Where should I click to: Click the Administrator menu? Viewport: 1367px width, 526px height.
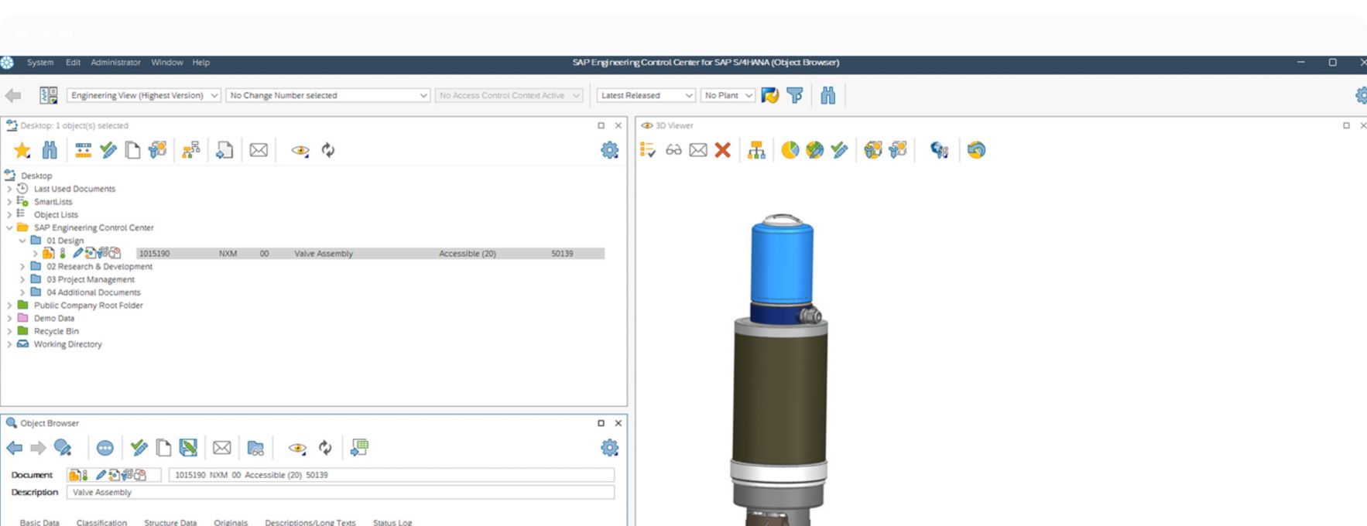pyautogui.click(x=115, y=63)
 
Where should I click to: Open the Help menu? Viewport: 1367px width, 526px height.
pyautogui.click(x=201, y=63)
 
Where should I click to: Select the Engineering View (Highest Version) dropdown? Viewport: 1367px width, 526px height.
pyautogui.click(x=143, y=95)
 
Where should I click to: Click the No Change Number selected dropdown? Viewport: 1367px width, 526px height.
pyautogui.click(x=327, y=95)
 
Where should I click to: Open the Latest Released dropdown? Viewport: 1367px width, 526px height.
pyautogui.click(x=646, y=95)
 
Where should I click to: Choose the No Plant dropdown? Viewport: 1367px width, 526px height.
pyautogui.click(x=728, y=95)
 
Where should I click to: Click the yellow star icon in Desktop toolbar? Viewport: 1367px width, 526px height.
pyautogui.click(x=22, y=150)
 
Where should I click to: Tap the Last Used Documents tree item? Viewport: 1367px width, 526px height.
pyautogui.click(x=74, y=189)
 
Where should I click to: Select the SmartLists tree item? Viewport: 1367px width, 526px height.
pyautogui.click(x=53, y=202)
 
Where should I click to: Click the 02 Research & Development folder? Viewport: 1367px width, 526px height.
pyautogui.click(x=99, y=267)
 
